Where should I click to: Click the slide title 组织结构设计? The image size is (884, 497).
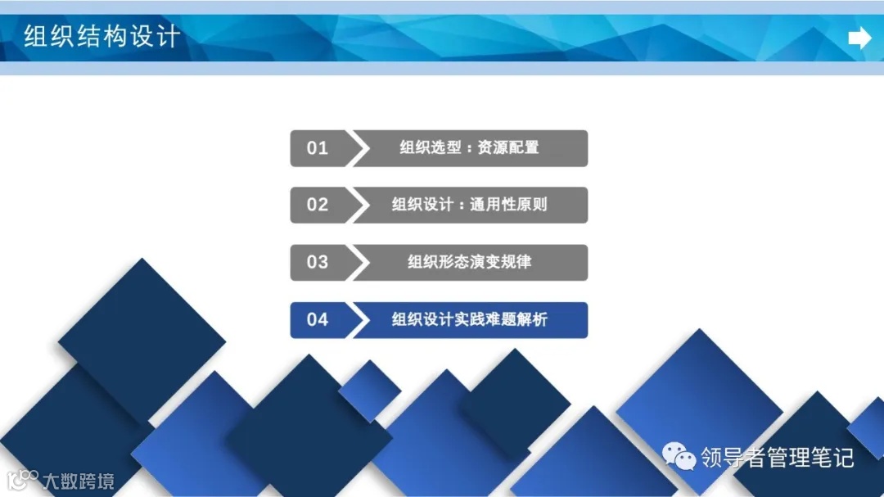point(101,37)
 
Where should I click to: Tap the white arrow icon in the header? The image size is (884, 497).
point(859,38)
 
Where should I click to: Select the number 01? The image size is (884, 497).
point(318,148)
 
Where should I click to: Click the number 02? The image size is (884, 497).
point(318,205)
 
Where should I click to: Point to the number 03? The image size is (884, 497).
point(318,262)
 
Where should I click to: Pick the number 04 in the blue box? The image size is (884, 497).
point(318,319)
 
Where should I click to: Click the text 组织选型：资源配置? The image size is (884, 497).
point(469,148)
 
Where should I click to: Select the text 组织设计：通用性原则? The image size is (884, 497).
point(469,205)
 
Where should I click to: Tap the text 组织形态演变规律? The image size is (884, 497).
point(469,262)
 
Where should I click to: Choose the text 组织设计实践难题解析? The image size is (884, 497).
point(469,319)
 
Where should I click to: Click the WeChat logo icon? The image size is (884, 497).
point(679,456)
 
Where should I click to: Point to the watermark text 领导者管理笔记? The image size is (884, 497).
point(777,457)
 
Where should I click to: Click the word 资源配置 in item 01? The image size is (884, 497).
point(508,148)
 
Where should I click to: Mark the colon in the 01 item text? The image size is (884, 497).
point(469,148)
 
